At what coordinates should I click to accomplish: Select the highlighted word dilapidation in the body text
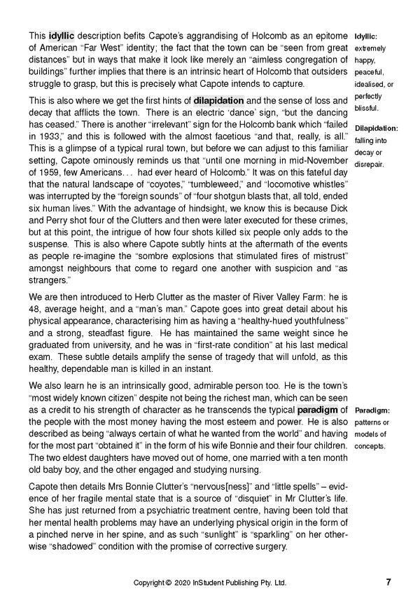click(218, 100)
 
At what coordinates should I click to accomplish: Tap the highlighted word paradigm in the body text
click(321, 409)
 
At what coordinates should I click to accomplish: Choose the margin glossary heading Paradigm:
click(372, 410)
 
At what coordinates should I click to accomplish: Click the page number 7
click(388, 582)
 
